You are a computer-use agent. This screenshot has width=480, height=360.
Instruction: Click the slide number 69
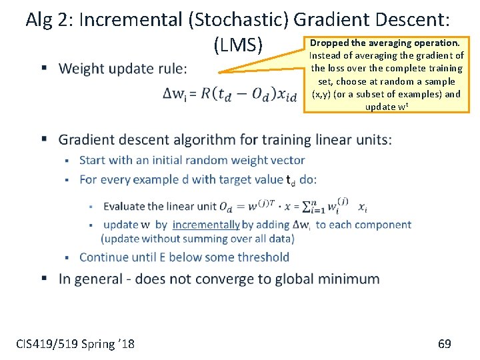pos(444,344)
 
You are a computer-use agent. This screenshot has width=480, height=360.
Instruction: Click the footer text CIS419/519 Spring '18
pos(75,344)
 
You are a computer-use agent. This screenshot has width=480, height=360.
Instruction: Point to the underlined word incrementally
pos(206,225)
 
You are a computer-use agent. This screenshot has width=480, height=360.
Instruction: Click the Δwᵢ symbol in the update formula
pos(174,95)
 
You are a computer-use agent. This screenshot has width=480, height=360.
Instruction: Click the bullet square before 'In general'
pos(44,278)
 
